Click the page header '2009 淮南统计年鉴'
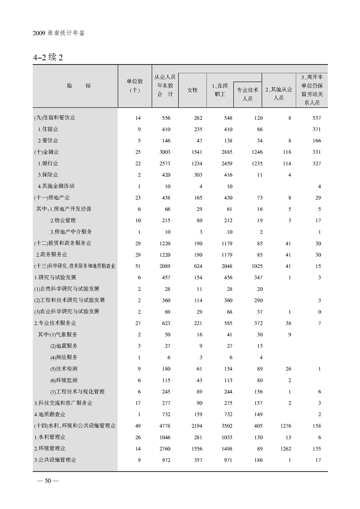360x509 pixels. [59, 34]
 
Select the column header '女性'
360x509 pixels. [192, 90]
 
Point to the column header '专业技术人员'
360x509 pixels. [247, 94]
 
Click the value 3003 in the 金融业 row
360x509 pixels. [166, 152]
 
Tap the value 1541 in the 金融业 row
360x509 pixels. [194, 152]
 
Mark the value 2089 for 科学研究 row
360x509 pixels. [166, 266]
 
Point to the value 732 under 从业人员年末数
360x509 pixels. [166, 415]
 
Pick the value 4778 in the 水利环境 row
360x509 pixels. [166, 426]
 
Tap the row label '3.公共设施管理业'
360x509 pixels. [55, 460]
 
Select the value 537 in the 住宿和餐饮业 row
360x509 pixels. [316, 118]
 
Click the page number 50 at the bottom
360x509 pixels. [47, 482]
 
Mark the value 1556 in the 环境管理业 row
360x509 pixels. [194, 449]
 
